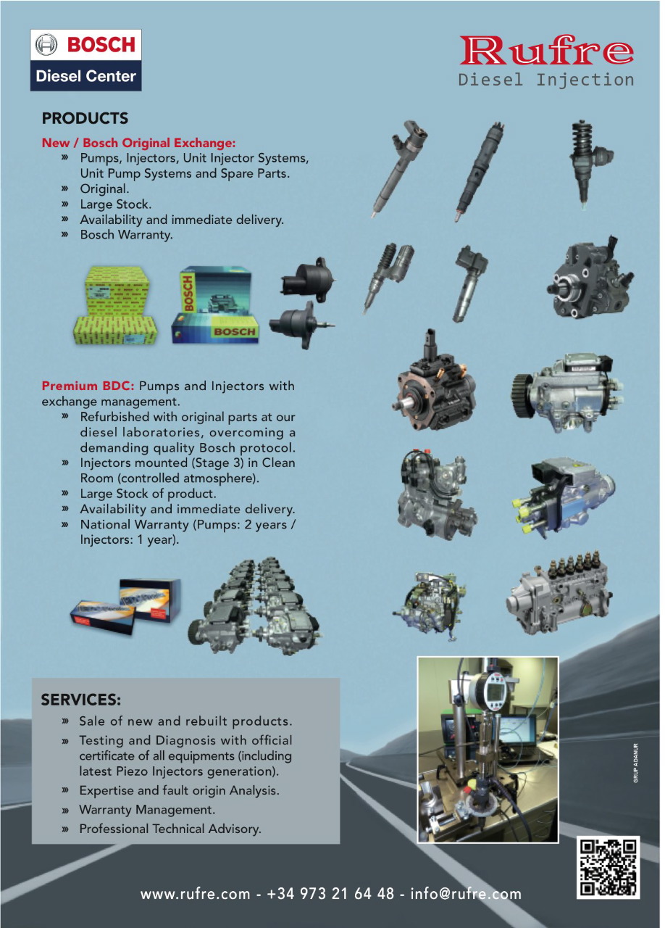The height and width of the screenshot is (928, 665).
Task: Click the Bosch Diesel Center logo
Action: (x=85, y=60)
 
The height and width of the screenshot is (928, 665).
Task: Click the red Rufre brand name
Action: (x=546, y=50)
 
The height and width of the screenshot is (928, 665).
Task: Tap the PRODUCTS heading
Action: (x=85, y=118)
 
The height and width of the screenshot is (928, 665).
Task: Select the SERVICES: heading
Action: (x=80, y=700)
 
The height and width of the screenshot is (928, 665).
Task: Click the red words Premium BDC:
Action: (x=88, y=386)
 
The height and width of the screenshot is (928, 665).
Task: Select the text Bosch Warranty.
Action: (x=126, y=235)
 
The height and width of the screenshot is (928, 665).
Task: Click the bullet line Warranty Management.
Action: (x=147, y=809)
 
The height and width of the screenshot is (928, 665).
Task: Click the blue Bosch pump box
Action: (x=214, y=306)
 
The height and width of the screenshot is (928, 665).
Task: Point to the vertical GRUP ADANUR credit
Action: (x=635, y=764)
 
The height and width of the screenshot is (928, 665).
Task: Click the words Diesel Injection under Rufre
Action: (x=546, y=80)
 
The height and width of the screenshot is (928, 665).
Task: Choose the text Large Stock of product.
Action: (x=148, y=494)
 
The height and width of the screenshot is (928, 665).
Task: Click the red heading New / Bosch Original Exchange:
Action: (x=138, y=143)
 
